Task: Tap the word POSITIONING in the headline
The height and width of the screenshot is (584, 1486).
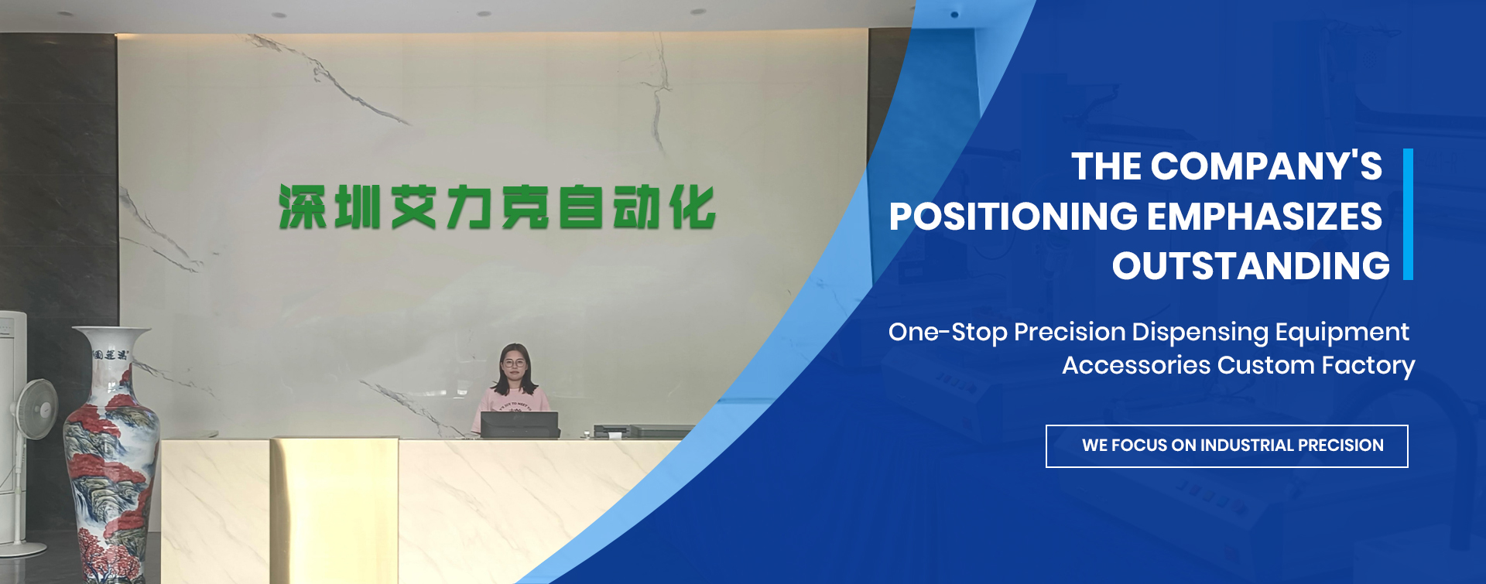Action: click(1012, 217)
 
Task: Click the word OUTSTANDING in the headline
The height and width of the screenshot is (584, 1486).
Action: click(1251, 266)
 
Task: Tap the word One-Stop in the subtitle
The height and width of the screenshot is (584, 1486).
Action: click(948, 333)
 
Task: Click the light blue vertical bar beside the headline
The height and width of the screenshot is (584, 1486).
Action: click(1408, 214)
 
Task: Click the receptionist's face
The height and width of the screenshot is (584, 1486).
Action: click(513, 364)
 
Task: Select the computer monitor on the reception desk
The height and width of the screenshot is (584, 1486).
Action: click(519, 425)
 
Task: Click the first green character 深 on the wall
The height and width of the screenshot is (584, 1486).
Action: click(302, 207)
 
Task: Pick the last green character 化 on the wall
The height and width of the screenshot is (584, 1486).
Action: click(693, 207)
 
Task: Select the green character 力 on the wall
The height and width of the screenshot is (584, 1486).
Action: click(470, 207)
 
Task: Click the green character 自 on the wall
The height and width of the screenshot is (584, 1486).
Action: click(581, 207)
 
